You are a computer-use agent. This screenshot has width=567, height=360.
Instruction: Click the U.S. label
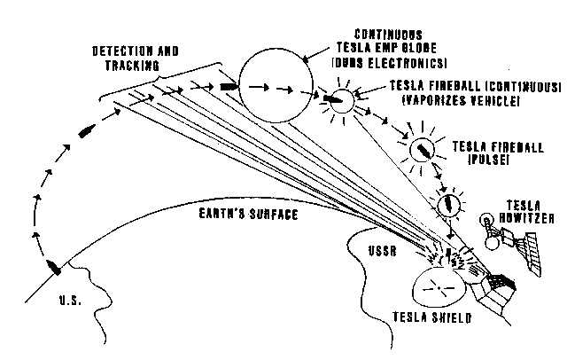click(x=68, y=301)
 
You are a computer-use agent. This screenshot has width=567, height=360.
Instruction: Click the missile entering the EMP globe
click(x=229, y=87)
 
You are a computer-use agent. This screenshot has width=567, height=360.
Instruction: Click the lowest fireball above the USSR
click(x=450, y=206)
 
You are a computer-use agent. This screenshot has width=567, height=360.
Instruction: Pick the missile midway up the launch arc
click(x=87, y=131)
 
